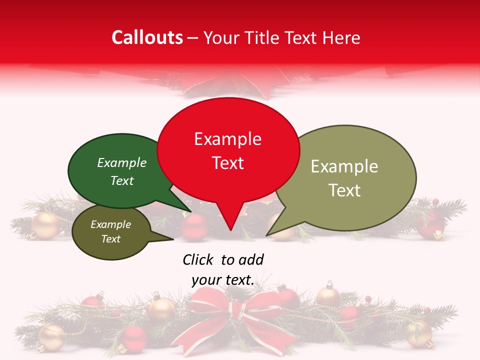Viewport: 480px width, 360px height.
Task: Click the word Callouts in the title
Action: [147, 37]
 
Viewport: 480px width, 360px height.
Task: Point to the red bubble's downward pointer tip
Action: [230, 230]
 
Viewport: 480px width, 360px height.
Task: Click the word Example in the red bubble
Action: [227, 139]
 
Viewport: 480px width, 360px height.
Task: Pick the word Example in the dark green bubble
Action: [121, 163]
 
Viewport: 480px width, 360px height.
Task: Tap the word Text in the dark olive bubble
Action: [110, 239]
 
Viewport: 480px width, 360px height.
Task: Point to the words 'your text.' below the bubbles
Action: [223, 280]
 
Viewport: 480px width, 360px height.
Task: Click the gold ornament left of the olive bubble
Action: [46, 225]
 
